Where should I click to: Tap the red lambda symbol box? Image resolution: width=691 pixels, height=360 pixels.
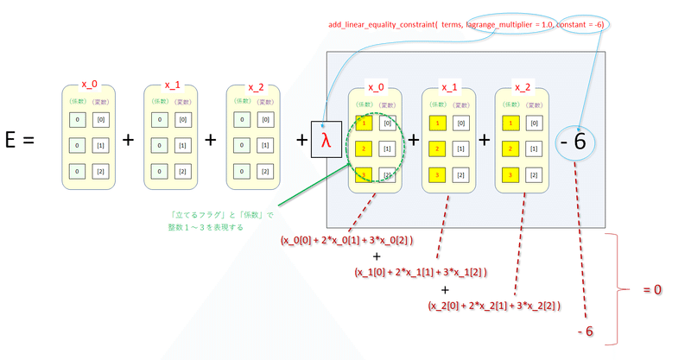[326, 140]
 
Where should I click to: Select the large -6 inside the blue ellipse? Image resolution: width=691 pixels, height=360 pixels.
[579, 139]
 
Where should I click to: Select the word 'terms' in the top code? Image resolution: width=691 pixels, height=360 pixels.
[451, 26]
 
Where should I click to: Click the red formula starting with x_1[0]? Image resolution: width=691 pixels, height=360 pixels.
[422, 273]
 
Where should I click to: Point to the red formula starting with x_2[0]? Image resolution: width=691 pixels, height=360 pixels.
[495, 305]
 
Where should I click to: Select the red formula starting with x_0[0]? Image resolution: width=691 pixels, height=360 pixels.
[347, 239]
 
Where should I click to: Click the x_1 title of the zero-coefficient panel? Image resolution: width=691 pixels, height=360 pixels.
[173, 85]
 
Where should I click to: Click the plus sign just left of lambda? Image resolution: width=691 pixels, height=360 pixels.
[299, 140]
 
